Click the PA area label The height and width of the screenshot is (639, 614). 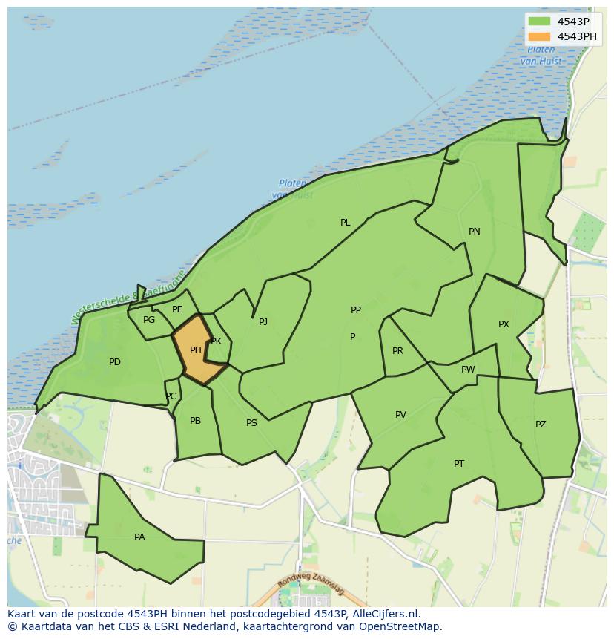pyautogui.click(x=139, y=537)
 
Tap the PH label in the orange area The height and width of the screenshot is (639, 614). pyautogui.click(x=196, y=350)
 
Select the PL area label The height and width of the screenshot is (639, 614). pyautogui.click(x=345, y=223)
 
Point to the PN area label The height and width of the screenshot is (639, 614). pyautogui.click(x=475, y=232)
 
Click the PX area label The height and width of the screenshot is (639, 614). pyautogui.click(x=504, y=324)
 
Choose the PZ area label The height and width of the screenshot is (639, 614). pyautogui.click(x=541, y=425)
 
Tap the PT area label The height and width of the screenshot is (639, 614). pyautogui.click(x=459, y=464)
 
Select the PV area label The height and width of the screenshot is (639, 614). pyautogui.click(x=400, y=415)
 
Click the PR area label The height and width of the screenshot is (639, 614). pyautogui.click(x=397, y=351)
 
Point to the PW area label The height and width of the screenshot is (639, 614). pyautogui.click(x=468, y=370)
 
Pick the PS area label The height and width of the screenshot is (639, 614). pyautogui.click(x=251, y=423)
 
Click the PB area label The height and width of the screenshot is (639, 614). pyautogui.click(x=195, y=421)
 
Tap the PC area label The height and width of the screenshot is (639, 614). pyautogui.click(x=171, y=396)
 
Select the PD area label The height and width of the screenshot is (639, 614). pyautogui.click(x=114, y=362)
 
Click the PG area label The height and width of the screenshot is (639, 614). pyautogui.click(x=149, y=320)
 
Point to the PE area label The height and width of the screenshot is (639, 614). pyautogui.click(x=177, y=309)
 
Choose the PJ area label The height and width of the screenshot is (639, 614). pyautogui.click(x=263, y=322)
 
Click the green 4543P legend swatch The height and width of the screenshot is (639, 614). pyautogui.click(x=539, y=22)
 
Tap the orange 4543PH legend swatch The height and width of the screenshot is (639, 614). pyautogui.click(x=539, y=36)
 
